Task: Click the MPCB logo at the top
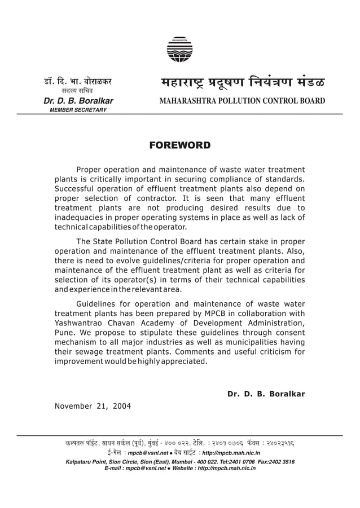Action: pos(179,49)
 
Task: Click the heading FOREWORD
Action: pos(179,146)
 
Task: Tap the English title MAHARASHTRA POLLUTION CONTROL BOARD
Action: pos(235,101)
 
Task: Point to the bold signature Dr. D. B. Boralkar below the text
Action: pos(266,394)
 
